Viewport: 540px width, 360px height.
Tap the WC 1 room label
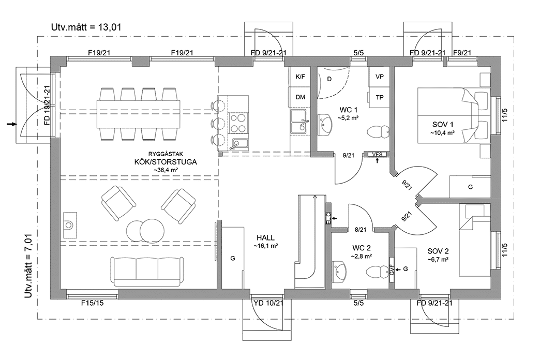pos(349,110)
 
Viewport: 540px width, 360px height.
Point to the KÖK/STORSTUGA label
pos(165,161)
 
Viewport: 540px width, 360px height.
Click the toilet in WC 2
pos(376,271)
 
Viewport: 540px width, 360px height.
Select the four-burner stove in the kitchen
pos(237,124)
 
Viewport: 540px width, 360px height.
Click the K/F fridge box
pos(300,77)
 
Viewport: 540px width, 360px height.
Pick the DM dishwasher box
pos(300,97)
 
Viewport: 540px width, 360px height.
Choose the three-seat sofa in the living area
pos(146,271)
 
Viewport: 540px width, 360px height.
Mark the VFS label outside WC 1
pos(377,154)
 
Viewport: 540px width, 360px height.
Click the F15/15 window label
pos(92,303)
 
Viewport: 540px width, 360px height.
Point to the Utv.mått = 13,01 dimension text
pos(86,27)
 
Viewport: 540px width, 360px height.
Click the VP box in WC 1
pos(379,77)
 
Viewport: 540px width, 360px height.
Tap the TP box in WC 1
pos(379,97)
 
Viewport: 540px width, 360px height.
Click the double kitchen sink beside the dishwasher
pos(299,122)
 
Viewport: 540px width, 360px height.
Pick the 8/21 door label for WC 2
pos(360,229)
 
